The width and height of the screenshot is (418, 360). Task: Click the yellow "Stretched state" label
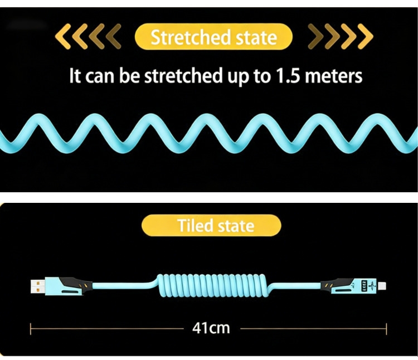[213, 37]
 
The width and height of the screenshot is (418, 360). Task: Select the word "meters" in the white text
[335, 76]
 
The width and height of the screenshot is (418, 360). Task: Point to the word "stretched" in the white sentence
[176, 76]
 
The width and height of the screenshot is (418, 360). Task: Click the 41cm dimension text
[211, 328]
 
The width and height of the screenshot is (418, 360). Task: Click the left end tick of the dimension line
[31, 328]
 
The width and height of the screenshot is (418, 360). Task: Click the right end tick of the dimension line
[387, 328]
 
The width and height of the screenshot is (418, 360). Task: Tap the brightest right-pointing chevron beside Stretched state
[366, 37]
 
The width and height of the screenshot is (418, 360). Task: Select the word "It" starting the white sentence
[75, 76]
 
